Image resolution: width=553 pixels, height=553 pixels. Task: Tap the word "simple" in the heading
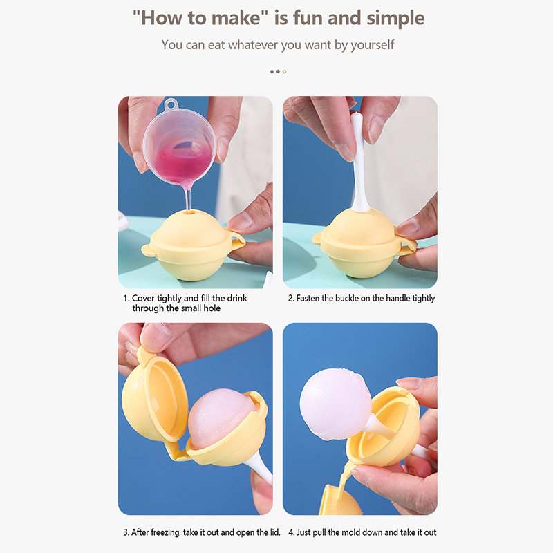pos(395,19)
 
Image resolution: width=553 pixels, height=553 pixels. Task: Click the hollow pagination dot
pos(285,72)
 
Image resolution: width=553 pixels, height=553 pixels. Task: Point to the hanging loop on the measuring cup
pos(171,104)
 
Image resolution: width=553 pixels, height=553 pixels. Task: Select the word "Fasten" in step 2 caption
pos(308,299)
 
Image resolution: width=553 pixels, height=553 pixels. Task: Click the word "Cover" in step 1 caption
pos(143,299)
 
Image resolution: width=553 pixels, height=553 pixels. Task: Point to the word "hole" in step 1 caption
pos(212,308)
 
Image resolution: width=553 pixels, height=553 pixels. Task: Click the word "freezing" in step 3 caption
pos(166,532)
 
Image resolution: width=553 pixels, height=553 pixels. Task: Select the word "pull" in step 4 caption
pos(319,532)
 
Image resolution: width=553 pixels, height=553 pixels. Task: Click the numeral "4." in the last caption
pos(291,532)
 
